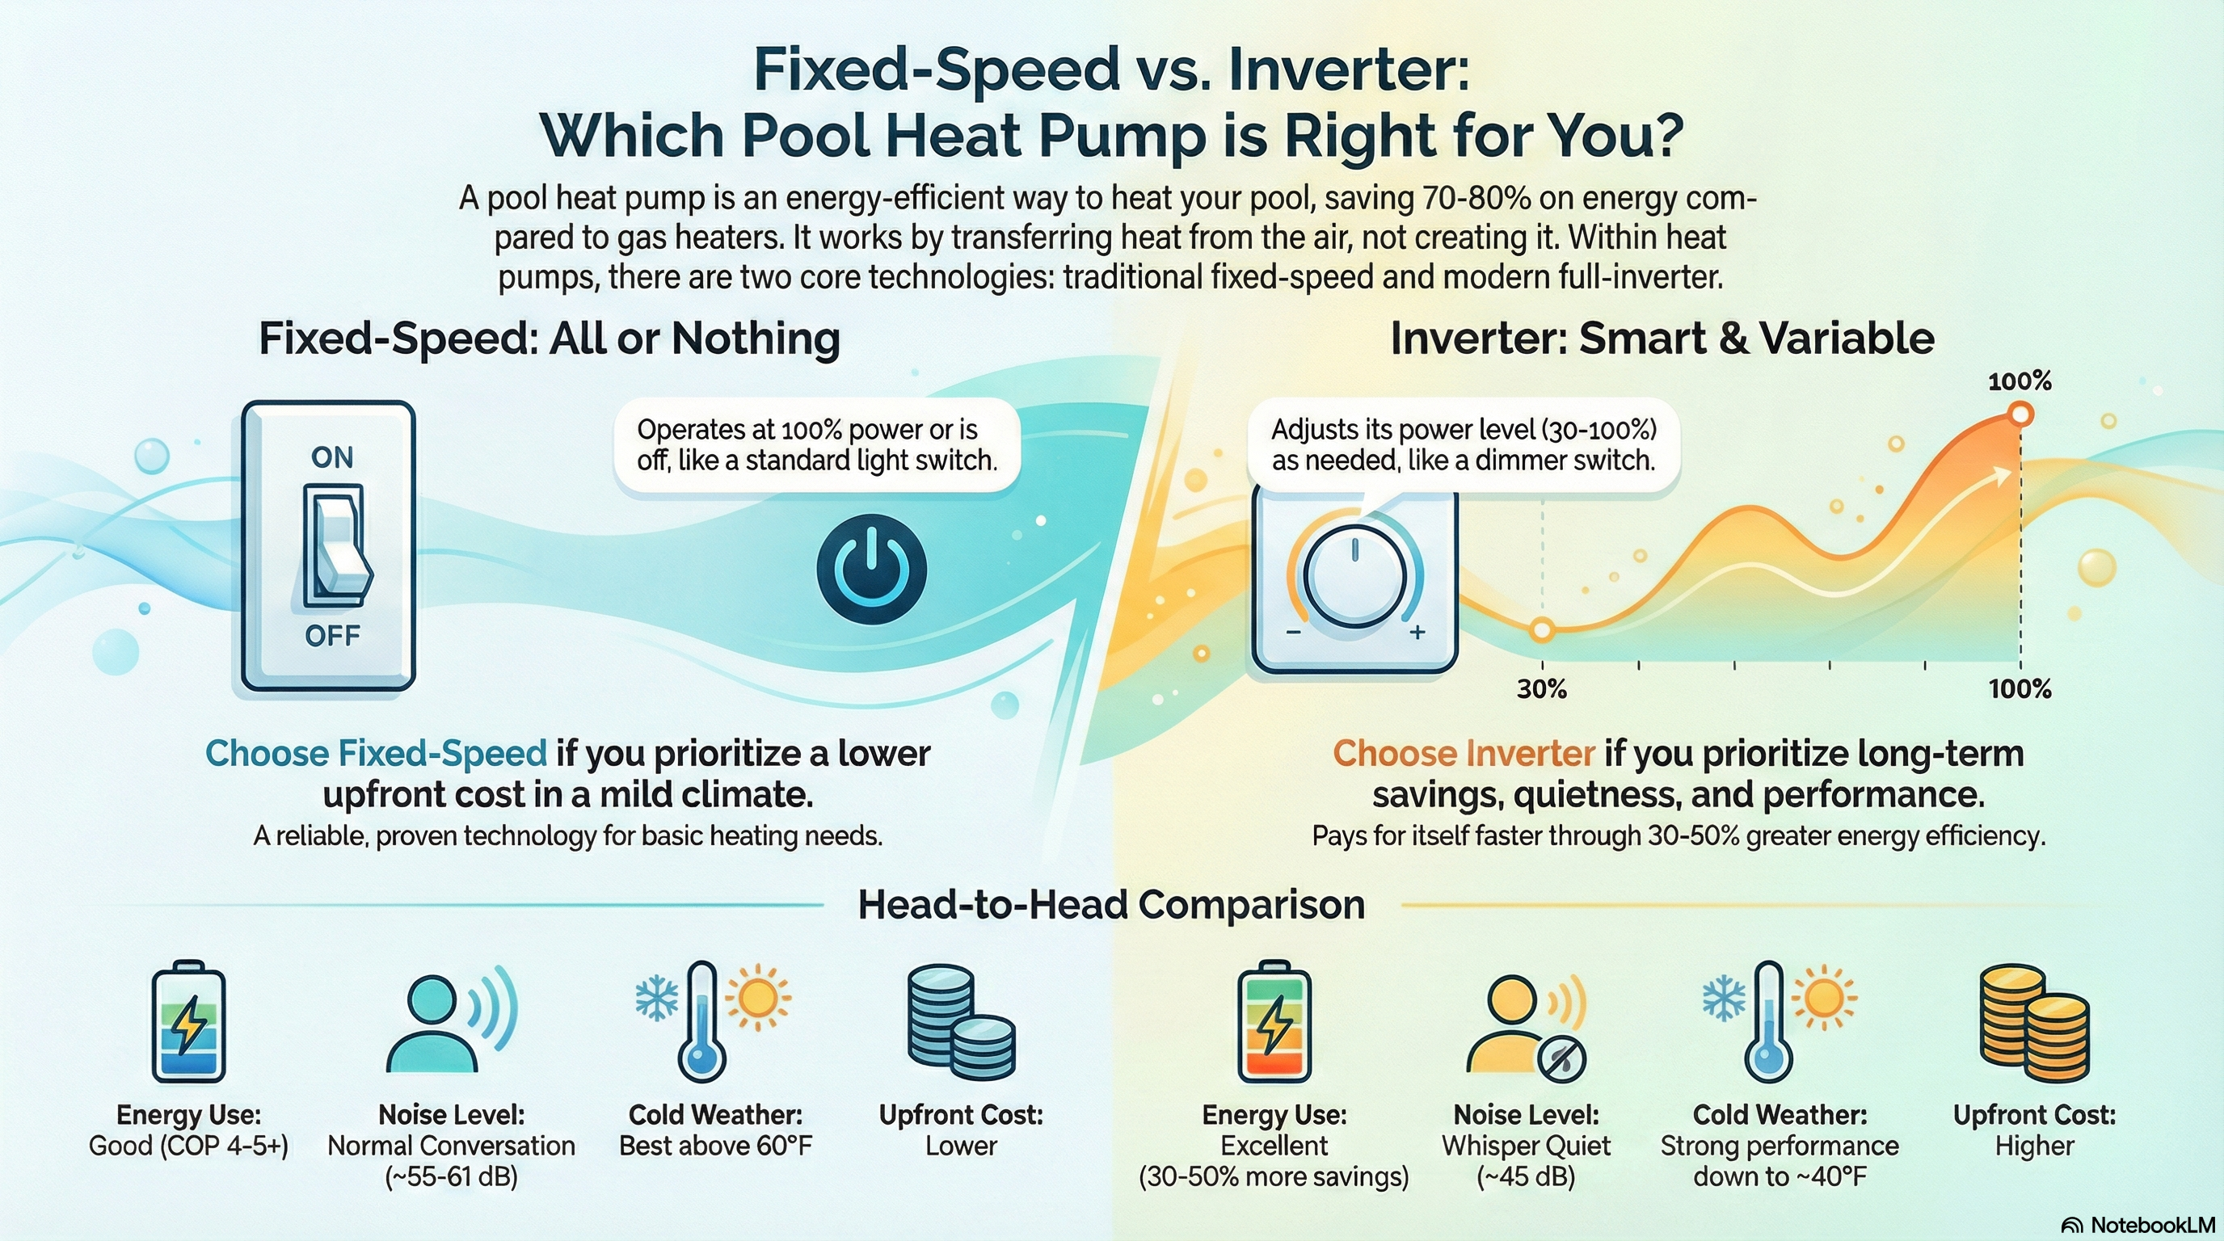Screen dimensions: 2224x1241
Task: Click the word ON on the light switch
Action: tap(332, 456)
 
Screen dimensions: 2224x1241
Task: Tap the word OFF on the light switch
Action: tap(332, 636)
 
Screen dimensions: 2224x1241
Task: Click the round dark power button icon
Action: tap(871, 570)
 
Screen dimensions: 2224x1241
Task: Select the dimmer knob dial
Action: tap(1354, 577)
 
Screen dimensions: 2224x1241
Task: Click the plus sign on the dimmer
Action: tap(1417, 633)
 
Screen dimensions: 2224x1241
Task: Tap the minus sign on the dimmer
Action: tap(1293, 633)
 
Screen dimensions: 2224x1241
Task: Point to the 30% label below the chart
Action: tap(1542, 688)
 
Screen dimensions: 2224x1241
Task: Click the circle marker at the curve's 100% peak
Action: tap(2020, 415)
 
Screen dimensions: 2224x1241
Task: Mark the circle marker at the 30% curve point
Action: tap(1542, 630)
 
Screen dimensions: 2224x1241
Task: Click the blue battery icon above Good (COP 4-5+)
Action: tap(188, 1021)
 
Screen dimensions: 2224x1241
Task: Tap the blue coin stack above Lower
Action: tap(961, 1022)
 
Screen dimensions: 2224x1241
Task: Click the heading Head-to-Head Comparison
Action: tap(1111, 904)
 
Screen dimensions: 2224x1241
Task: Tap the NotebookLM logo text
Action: tap(2139, 1225)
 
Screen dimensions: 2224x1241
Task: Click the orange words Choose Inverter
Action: tap(1464, 753)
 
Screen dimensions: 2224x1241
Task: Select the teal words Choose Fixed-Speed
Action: tap(377, 753)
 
